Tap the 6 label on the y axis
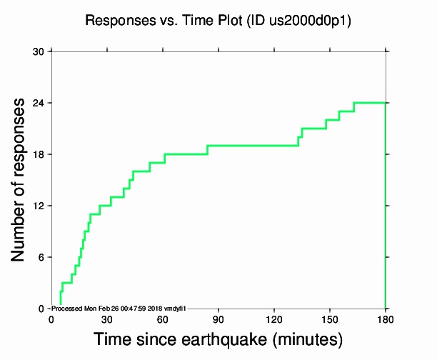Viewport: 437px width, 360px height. pyautogui.click(x=41, y=257)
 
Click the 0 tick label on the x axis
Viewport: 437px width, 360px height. pyautogui.click(x=51, y=319)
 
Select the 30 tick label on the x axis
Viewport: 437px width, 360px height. pyautogui.click(x=107, y=319)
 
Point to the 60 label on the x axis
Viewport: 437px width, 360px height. pyautogui.click(x=163, y=319)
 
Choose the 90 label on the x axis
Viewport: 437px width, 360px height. pyautogui.click(x=218, y=319)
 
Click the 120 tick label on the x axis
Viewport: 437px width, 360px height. pyautogui.click(x=274, y=319)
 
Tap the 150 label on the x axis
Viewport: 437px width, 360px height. pyautogui.click(x=330, y=319)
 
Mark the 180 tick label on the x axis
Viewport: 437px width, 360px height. pyautogui.click(x=386, y=319)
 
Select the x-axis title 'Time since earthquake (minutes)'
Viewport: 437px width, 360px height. pyautogui.click(x=218, y=339)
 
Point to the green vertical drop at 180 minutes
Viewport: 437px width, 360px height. pyautogui.click(x=386, y=214)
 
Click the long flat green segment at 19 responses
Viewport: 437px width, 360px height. pyautogui.click(x=250, y=146)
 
